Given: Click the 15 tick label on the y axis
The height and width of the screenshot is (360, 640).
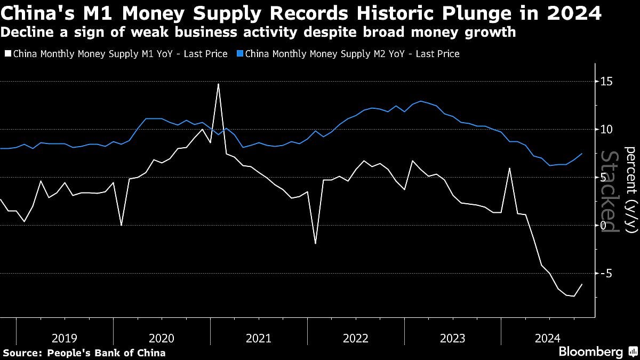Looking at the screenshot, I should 606,81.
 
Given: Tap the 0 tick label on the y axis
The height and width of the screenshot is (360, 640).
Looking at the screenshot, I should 603,225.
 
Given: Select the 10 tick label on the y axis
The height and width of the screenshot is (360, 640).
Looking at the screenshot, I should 606,129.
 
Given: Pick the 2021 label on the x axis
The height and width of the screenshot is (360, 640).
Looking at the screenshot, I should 258,338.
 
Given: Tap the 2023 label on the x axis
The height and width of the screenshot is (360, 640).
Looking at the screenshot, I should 452,338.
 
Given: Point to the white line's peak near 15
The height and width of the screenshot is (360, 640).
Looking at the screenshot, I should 218,84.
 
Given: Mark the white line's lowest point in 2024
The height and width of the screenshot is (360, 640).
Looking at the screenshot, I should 574,296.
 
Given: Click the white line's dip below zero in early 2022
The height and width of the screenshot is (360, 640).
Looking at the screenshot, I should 315,243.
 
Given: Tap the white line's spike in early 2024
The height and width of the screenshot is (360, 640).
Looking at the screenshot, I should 509,169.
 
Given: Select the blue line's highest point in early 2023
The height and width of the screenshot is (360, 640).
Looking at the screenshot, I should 421,101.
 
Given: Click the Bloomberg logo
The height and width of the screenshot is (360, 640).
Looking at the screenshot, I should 590,352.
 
